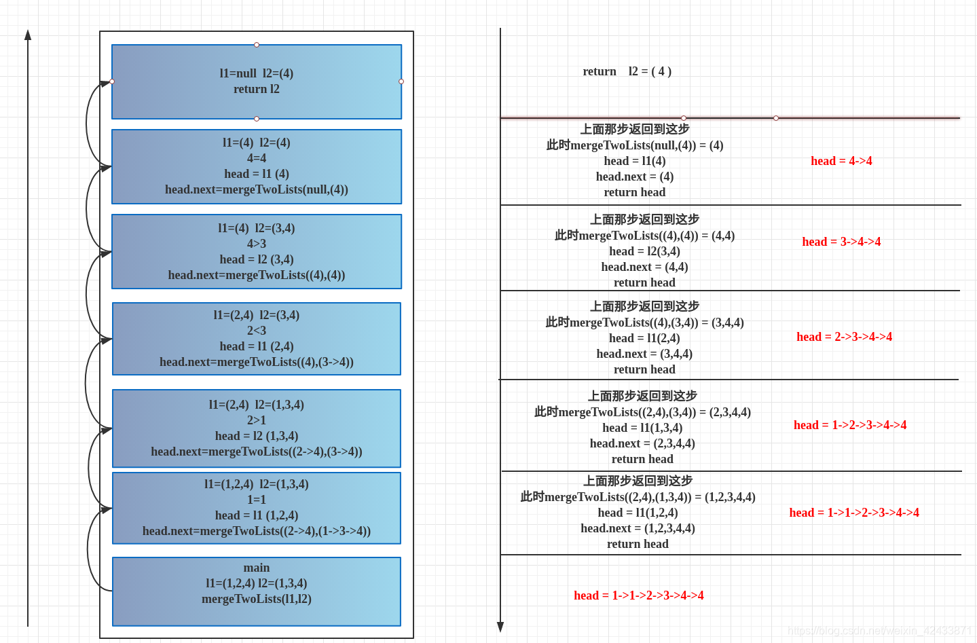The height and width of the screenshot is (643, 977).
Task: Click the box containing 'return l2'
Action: click(x=257, y=81)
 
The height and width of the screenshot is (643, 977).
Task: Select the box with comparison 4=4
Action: click(x=257, y=166)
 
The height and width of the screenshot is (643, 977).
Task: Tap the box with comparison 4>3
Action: click(x=257, y=251)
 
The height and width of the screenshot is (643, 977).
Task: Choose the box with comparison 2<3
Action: click(x=257, y=338)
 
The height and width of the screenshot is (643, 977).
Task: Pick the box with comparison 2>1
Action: click(x=257, y=428)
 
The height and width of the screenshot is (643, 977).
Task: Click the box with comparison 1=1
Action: click(x=257, y=508)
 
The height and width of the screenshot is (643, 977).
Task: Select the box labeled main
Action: click(x=257, y=591)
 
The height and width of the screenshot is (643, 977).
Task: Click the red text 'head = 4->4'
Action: click(x=841, y=161)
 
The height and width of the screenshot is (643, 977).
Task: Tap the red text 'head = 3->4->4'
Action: click(x=841, y=242)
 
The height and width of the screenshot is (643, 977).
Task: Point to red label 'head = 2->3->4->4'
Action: click(x=844, y=337)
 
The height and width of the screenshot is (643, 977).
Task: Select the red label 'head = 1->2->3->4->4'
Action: click(x=850, y=425)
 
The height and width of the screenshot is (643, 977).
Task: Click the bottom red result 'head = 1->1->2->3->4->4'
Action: click(x=638, y=595)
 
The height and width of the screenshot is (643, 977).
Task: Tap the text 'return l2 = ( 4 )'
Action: click(x=627, y=71)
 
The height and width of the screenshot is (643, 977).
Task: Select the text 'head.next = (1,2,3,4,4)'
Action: click(x=638, y=528)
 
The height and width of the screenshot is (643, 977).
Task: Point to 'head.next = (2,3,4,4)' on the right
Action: click(x=642, y=443)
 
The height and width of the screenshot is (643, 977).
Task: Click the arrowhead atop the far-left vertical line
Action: click(x=28, y=35)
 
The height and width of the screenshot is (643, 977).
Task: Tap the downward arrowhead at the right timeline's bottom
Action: click(x=500, y=627)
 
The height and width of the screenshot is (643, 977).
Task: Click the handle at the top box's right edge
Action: click(x=401, y=81)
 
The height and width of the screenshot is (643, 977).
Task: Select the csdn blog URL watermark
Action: click(x=879, y=631)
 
